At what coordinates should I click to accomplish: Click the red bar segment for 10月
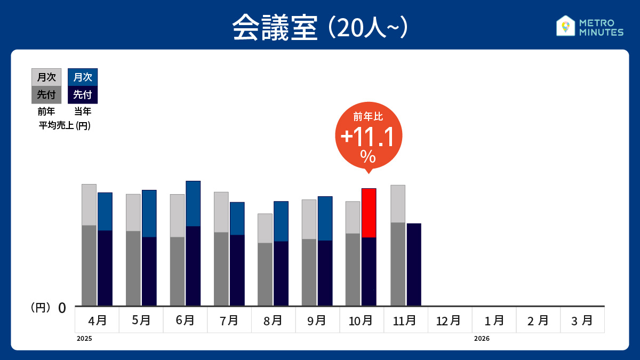[369, 213]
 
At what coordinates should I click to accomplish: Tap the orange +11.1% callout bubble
[368, 136]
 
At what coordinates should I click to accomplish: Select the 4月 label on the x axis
[97, 321]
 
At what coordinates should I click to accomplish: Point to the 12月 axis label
[449, 321]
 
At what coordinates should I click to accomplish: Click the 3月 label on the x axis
[582, 321]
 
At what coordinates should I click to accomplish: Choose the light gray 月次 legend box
[46, 77]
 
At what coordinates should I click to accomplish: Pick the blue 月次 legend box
[83, 77]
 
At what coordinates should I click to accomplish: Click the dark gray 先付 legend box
[46, 95]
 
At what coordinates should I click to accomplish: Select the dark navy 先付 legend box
[83, 95]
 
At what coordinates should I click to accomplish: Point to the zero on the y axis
[62, 308]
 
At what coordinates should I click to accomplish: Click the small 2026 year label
[482, 339]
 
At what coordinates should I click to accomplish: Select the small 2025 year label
[84, 339]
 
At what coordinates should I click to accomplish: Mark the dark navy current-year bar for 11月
[414, 265]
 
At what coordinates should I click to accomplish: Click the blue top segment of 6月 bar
[193, 203]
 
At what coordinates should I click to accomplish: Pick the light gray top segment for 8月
[265, 228]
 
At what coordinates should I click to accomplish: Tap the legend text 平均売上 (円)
[65, 126]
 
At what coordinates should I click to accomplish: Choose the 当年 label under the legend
[83, 112]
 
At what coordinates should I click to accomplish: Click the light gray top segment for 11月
[398, 204]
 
